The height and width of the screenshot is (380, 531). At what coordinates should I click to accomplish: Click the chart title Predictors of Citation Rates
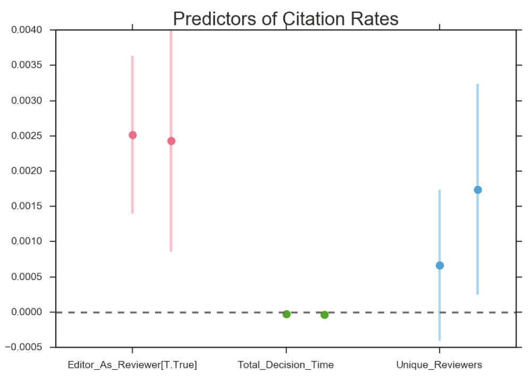coord(286,19)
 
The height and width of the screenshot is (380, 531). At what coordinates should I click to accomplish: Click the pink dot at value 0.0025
coord(132,135)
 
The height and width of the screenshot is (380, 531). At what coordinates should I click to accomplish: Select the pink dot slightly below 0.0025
coord(171,141)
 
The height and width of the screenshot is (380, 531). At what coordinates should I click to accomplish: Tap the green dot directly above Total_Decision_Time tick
coord(286,314)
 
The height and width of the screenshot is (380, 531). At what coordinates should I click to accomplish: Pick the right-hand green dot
coord(324,315)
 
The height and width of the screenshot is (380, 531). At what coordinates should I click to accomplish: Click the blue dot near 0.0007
coord(440,265)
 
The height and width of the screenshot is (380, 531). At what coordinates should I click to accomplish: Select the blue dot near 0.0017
coord(478,190)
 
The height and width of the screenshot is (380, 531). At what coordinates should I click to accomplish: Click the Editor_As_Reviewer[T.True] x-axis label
coord(132,365)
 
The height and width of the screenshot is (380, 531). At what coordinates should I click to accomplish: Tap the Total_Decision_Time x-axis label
coord(286,365)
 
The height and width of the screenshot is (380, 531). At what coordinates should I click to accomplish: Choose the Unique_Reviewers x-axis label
coord(439,365)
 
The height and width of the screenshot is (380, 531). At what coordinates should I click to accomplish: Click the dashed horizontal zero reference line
coord(372,313)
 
